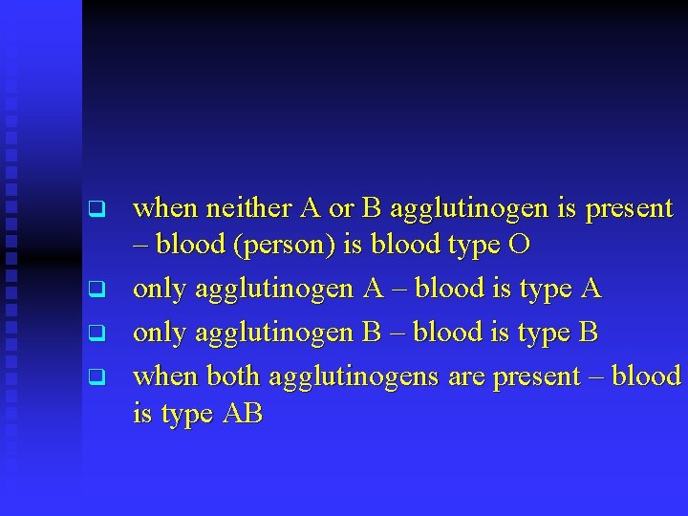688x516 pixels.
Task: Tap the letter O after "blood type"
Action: coord(519,246)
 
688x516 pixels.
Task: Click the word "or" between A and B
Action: coord(341,207)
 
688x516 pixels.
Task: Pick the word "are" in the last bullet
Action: coord(466,376)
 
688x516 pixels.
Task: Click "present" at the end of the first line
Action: coord(628,207)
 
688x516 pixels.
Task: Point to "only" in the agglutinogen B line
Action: coord(159,333)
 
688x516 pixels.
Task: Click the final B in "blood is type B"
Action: coord(589,333)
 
